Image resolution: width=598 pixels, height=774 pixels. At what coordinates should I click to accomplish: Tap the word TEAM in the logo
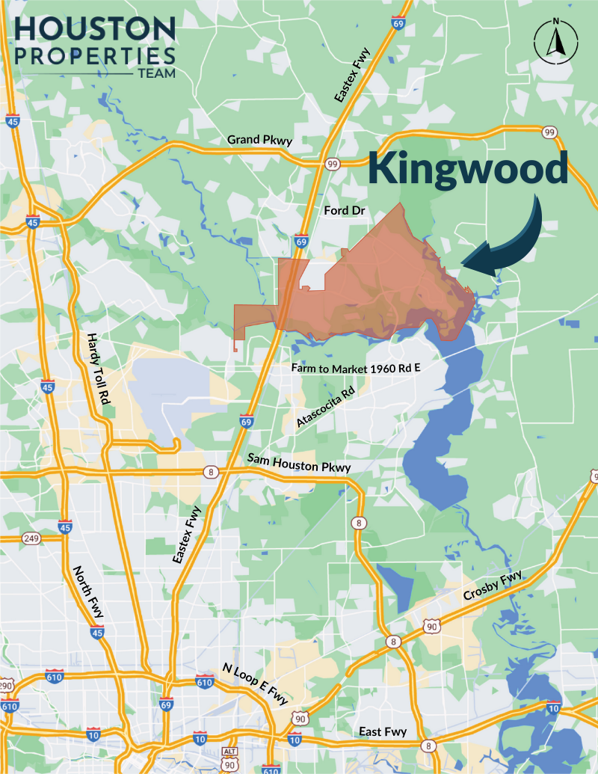[x=156, y=73]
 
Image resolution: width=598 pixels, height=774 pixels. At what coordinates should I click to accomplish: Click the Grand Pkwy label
[x=260, y=140]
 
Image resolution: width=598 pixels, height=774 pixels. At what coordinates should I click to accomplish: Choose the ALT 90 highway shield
[x=229, y=757]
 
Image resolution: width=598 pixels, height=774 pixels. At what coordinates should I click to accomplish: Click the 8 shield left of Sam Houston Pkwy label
[x=212, y=471]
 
